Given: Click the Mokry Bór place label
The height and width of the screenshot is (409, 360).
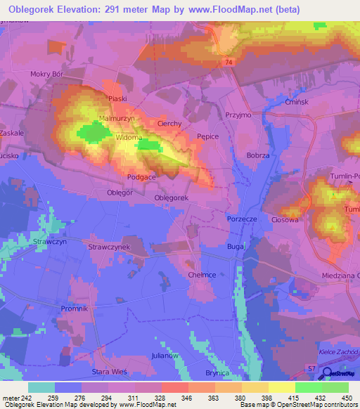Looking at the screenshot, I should pyautogui.click(x=47, y=73).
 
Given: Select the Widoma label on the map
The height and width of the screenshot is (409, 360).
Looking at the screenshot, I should pyautogui.click(x=129, y=137).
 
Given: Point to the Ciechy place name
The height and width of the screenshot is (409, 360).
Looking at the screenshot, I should pyautogui.click(x=169, y=123).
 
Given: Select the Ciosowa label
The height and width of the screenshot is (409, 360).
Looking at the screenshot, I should pyautogui.click(x=285, y=219).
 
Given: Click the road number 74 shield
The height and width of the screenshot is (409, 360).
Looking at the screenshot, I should pyautogui.click(x=229, y=63).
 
